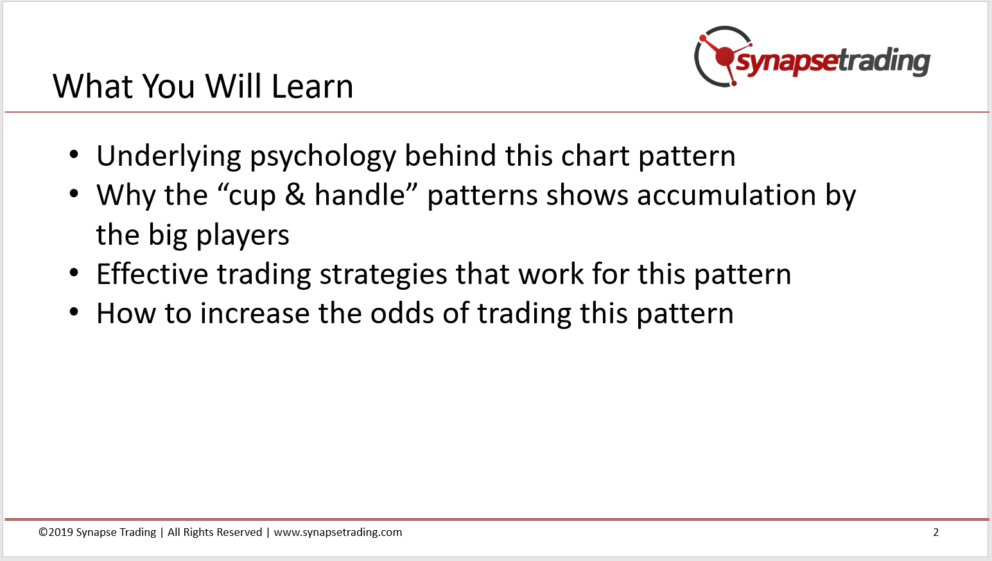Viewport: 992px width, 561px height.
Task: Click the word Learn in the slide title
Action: coord(312,86)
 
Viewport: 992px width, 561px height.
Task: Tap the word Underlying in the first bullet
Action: coord(169,157)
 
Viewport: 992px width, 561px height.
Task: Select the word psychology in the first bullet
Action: coord(324,157)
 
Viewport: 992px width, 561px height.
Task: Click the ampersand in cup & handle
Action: coord(295,195)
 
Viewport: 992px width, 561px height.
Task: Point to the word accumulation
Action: coord(726,195)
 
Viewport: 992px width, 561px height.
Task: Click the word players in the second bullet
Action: coord(243,235)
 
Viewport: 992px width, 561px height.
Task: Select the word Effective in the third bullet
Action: coord(152,274)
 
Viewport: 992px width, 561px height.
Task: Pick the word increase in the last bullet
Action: coord(255,314)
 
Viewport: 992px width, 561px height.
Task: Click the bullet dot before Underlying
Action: coord(74,155)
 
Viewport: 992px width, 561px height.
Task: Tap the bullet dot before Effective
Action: coord(74,272)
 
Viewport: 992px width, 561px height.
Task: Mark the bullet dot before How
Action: coord(74,312)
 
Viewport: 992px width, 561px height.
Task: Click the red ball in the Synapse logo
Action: coord(724,57)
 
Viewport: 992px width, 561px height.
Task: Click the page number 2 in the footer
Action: coord(935,532)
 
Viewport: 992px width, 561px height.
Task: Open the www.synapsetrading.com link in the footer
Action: coord(338,532)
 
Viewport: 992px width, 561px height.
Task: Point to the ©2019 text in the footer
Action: coord(56,532)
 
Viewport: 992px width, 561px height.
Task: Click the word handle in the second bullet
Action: coord(360,195)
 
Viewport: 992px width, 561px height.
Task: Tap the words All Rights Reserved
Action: coord(215,532)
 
